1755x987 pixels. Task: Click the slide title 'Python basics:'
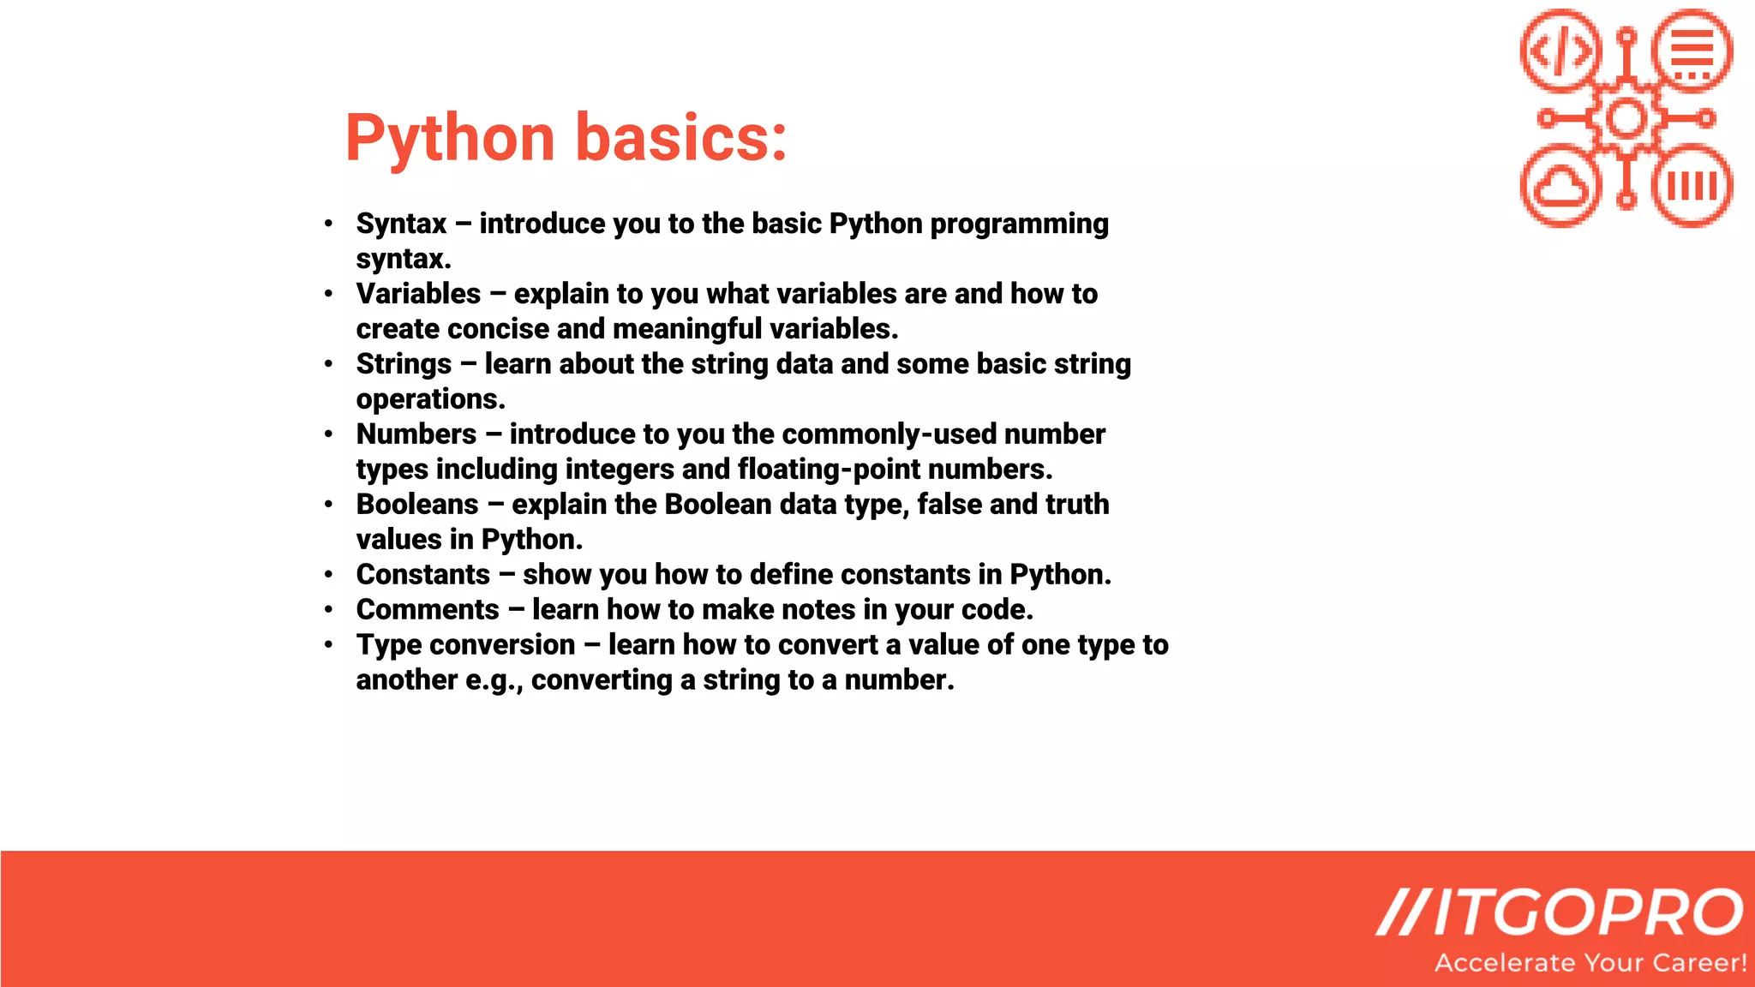point(566,138)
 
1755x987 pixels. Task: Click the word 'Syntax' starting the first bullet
point(401,224)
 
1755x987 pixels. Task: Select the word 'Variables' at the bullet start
point(418,294)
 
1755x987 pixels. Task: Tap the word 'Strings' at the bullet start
point(404,364)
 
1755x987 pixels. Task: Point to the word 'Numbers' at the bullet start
point(416,434)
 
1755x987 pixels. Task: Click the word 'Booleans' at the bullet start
point(417,505)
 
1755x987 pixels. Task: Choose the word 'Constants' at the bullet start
point(423,575)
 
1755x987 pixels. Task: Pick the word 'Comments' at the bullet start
point(428,610)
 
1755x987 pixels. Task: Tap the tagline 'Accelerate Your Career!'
point(1590,963)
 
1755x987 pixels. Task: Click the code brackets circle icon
point(1561,50)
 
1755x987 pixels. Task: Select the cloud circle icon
point(1561,185)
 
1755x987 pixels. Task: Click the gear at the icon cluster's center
point(1626,118)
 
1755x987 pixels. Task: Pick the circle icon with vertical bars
point(1692,185)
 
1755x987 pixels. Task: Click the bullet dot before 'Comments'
point(328,610)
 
